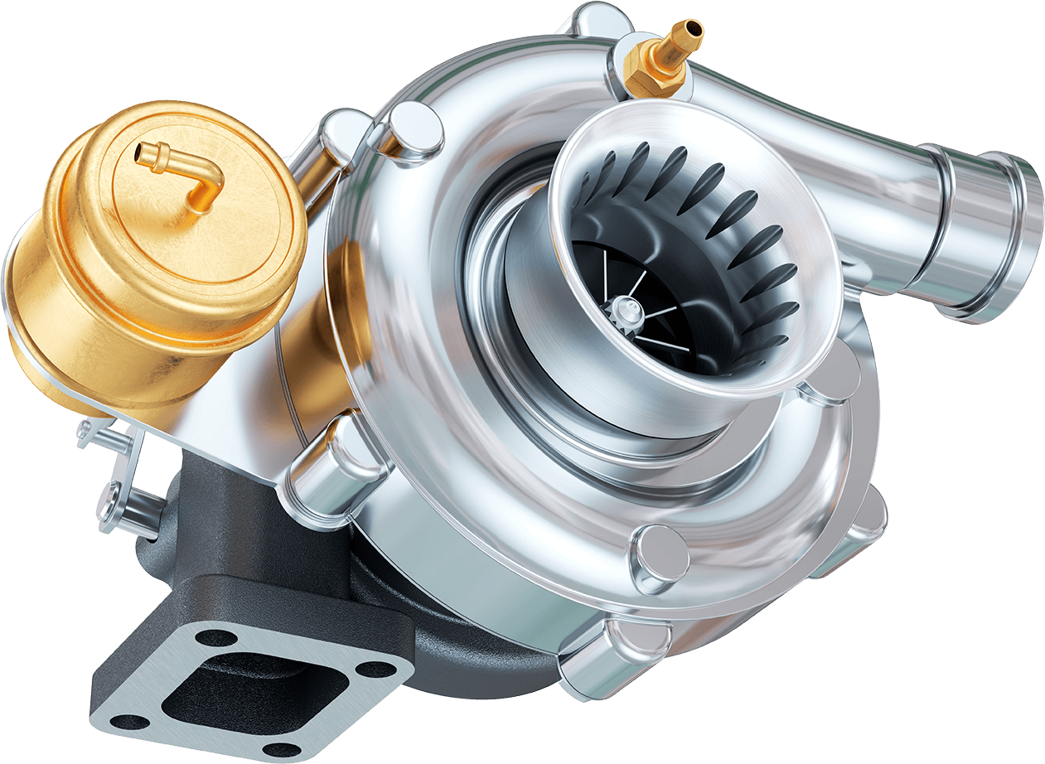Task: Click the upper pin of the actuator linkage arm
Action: tap(91, 432)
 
